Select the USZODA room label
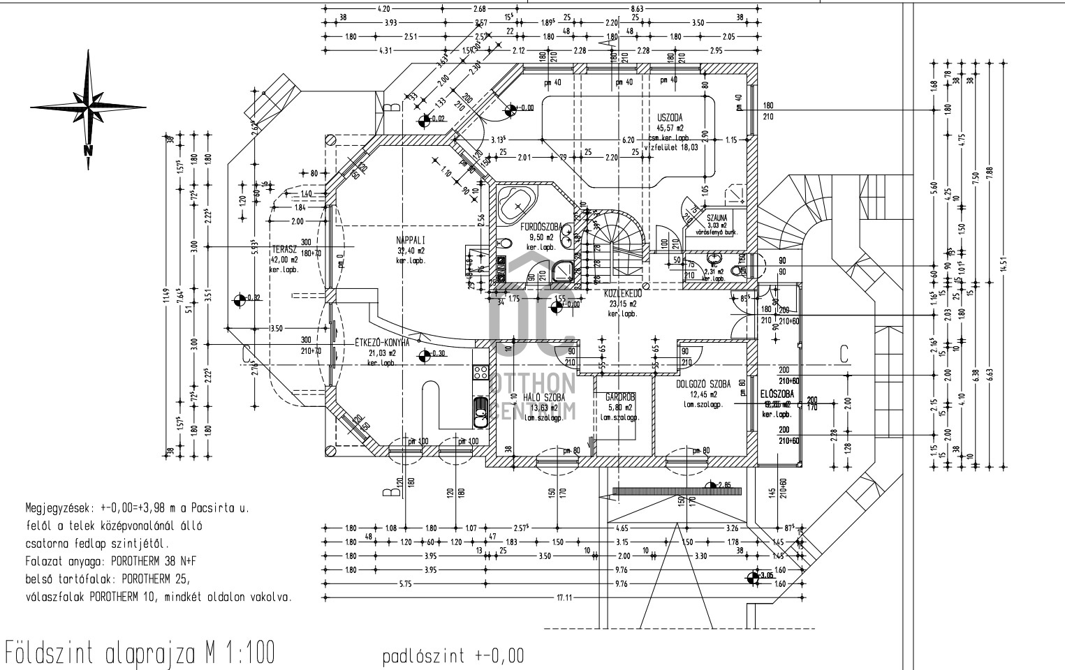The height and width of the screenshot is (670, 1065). [x=669, y=118]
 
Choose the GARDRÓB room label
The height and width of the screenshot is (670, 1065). [x=619, y=396]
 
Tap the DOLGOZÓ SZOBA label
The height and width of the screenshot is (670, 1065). [x=703, y=384]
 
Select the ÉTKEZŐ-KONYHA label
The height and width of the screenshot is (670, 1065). [x=382, y=342]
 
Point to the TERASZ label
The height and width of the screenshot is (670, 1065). [x=284, y=248]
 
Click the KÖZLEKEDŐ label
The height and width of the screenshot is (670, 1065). [x=623, y=294]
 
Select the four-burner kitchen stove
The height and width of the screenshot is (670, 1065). [x=480, y=372]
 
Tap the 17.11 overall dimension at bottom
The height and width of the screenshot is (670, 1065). [x=564, y=597]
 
